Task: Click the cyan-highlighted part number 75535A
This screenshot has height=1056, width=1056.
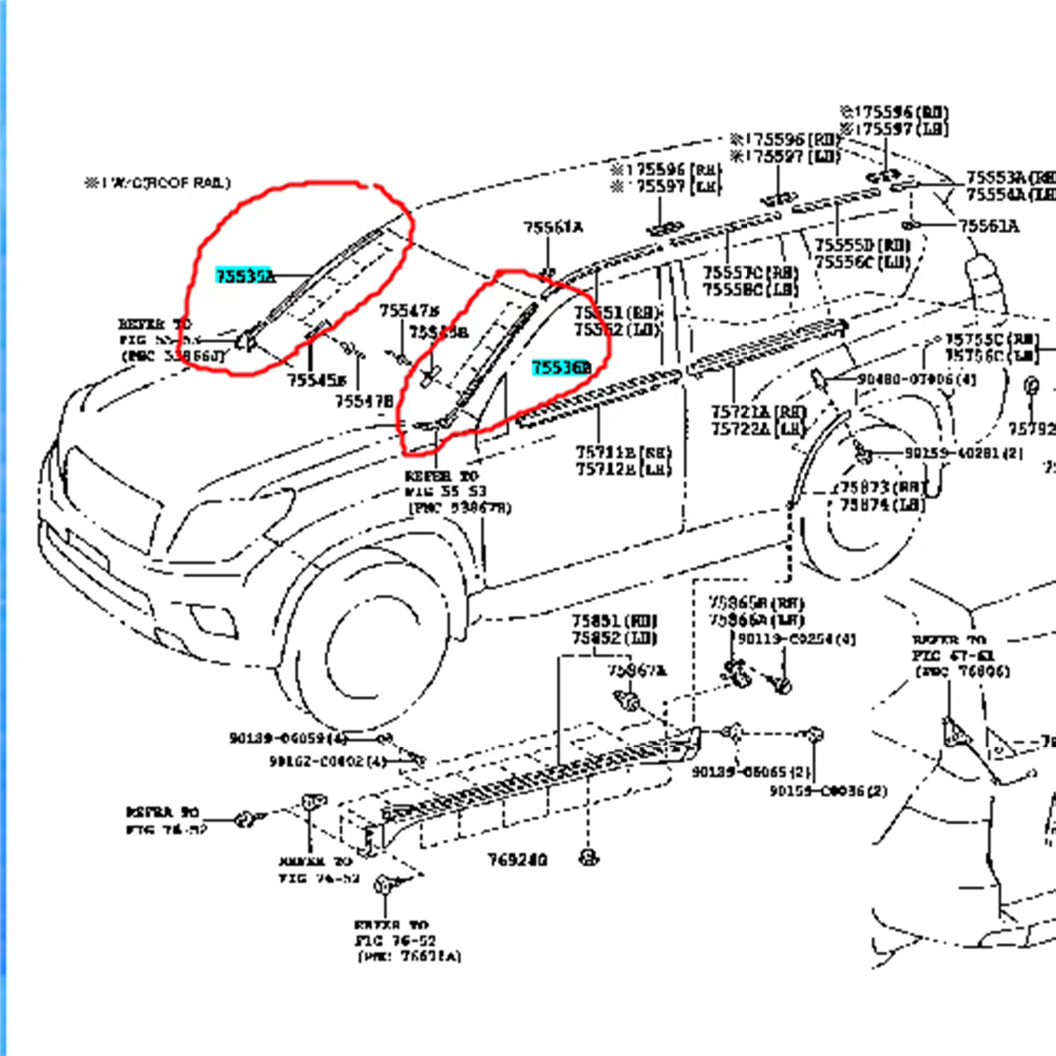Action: tap(245, 276)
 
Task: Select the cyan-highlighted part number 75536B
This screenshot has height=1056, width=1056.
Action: tap(560, 368)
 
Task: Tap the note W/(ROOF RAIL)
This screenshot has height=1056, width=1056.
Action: tap(158, 183)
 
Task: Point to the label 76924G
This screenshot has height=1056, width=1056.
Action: tap(517, 859)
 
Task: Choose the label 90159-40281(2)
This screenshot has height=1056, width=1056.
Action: tap(963, 453)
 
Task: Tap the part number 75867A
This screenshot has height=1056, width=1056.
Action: tap(636, 671)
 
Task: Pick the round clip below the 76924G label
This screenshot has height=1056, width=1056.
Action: tap(586, 855)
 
